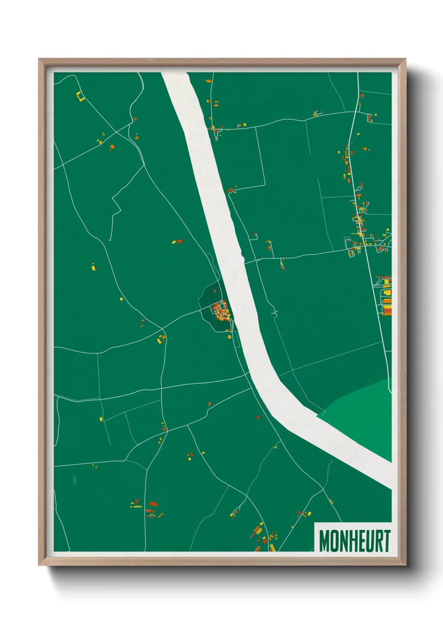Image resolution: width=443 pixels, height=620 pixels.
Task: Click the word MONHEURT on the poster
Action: point(354,541)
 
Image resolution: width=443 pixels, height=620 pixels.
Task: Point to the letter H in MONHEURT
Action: point(353,541)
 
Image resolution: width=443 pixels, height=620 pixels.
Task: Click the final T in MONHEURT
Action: point(387,541)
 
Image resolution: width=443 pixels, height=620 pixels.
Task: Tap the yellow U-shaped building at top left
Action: point(80,97)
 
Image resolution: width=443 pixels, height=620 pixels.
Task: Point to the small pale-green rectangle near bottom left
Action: point(75,480)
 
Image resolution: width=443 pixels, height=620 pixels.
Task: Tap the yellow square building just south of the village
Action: point(229,336)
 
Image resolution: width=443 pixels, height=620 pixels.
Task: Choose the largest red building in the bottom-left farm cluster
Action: point(153,504)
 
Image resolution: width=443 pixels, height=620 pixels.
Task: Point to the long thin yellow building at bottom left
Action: point(136,506)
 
